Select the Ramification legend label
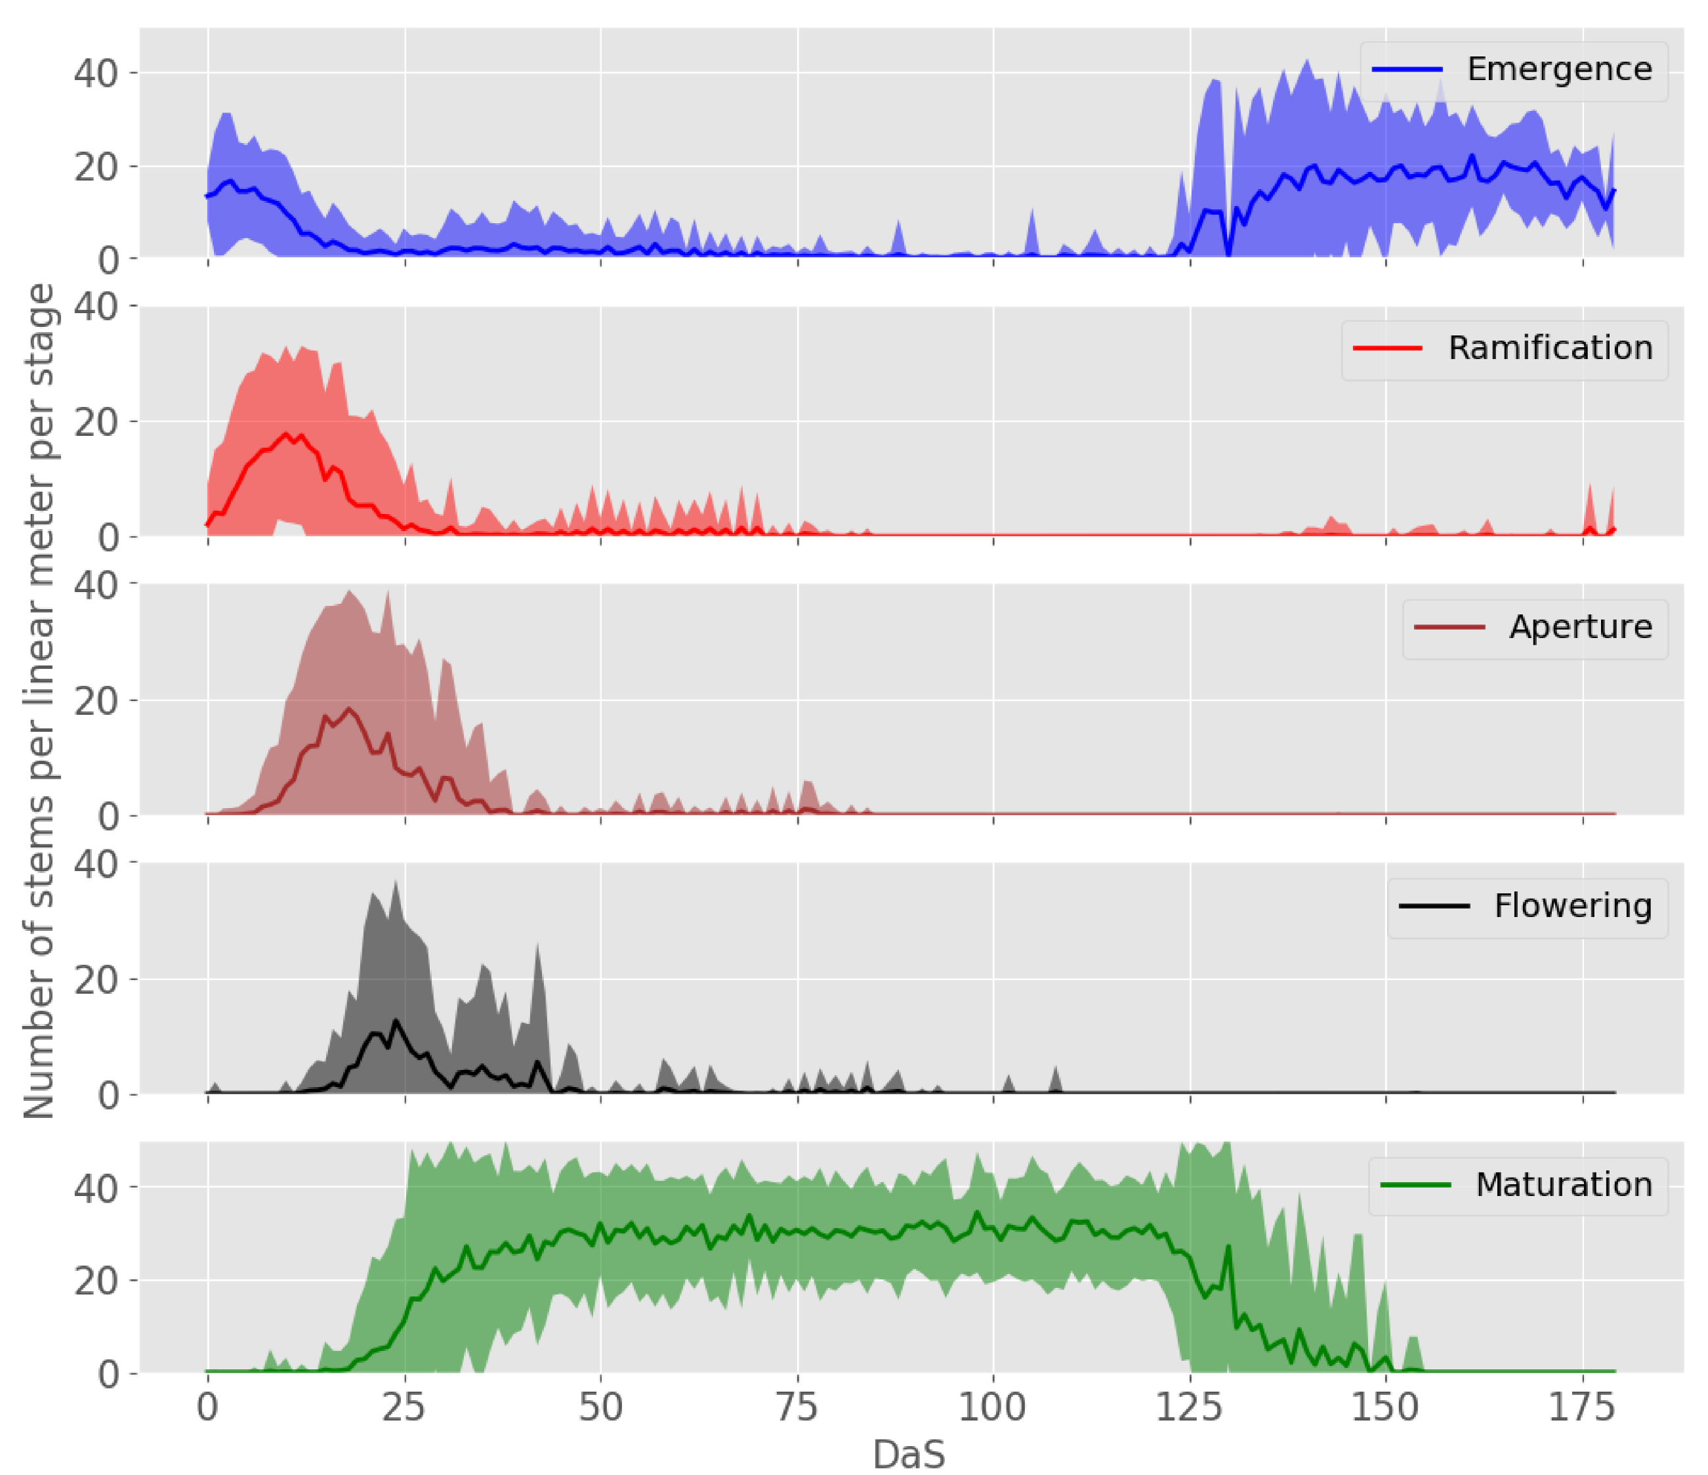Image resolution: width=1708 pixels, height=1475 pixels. [1550, 348]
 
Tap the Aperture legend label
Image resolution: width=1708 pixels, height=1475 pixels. [1580, 627]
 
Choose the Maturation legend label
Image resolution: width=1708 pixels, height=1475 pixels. [1564, 1184]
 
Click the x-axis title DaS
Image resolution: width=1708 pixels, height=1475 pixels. [908, 1455]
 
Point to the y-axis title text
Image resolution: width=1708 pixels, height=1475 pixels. [39, 701]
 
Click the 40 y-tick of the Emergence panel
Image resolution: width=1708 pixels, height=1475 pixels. [96, 74]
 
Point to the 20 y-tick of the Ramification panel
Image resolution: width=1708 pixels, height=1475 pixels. [96, 422]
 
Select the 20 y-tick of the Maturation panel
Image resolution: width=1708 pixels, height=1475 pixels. [96, 1281]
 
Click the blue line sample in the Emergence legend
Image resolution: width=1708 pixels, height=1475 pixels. [1407, 70]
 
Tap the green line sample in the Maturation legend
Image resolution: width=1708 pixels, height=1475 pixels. [1415, 1185]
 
